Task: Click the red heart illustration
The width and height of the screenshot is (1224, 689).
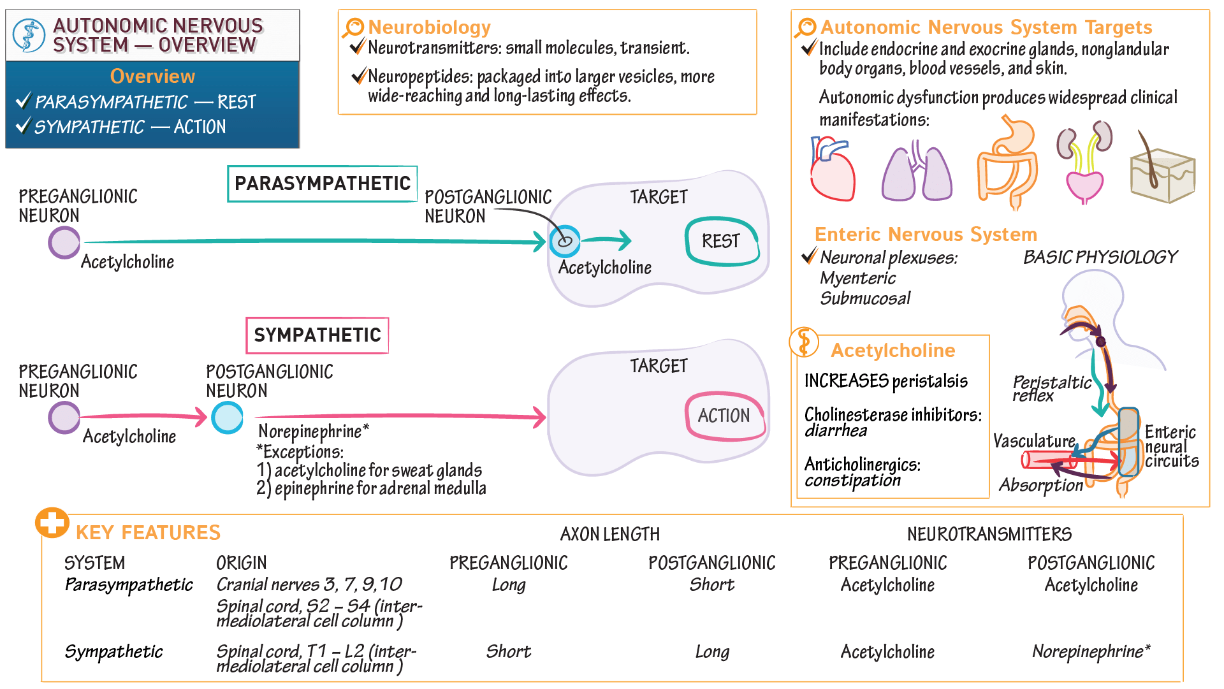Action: (x=833, y=169)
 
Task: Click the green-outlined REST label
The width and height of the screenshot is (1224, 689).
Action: (x=722, y=242)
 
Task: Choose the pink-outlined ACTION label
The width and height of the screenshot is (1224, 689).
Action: (x=725, y=416)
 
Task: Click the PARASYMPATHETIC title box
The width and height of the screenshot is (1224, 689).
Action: (x=323, y=184)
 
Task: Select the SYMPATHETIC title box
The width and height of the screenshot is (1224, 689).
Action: (x=317, y=335)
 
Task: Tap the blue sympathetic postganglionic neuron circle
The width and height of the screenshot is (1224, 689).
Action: (x=228, y=417)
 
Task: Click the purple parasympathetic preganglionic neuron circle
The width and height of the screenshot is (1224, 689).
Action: (x=64, y=243)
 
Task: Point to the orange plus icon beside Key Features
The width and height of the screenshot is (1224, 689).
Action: (x=52, y=523)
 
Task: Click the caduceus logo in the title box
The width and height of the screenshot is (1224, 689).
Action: (x=29, y=35)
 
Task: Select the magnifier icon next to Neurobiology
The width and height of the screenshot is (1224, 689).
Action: (x=353, y=28)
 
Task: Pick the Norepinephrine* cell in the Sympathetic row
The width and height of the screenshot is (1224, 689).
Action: (x=1091, y=651)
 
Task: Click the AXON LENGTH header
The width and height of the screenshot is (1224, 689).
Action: (x=610, y=534)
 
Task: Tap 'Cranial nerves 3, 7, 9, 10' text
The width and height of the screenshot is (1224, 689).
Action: (x=309, y=584)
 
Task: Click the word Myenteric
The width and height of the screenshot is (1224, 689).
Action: (x=858, y=279)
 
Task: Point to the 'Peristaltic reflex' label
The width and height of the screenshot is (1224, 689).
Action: (x=1052, y=388)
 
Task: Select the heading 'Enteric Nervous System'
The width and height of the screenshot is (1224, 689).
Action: (x=926, y=235)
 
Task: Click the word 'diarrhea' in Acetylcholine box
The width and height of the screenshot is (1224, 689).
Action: (x=836, y=431)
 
